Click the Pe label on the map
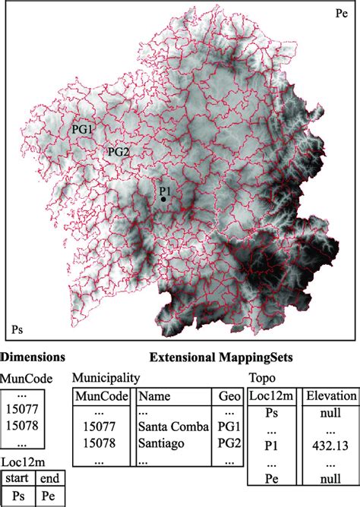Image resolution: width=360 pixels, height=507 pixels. click(341, 14)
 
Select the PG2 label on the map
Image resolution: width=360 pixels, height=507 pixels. click(118, 151)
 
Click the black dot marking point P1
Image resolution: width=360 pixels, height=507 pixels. click(163, 199)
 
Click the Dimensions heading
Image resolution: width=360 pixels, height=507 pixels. click(33, 357)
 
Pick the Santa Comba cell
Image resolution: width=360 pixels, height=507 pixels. click(172, 427)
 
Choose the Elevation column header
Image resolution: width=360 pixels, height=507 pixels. click(330, 395)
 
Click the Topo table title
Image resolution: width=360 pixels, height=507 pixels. click(261, 377)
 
